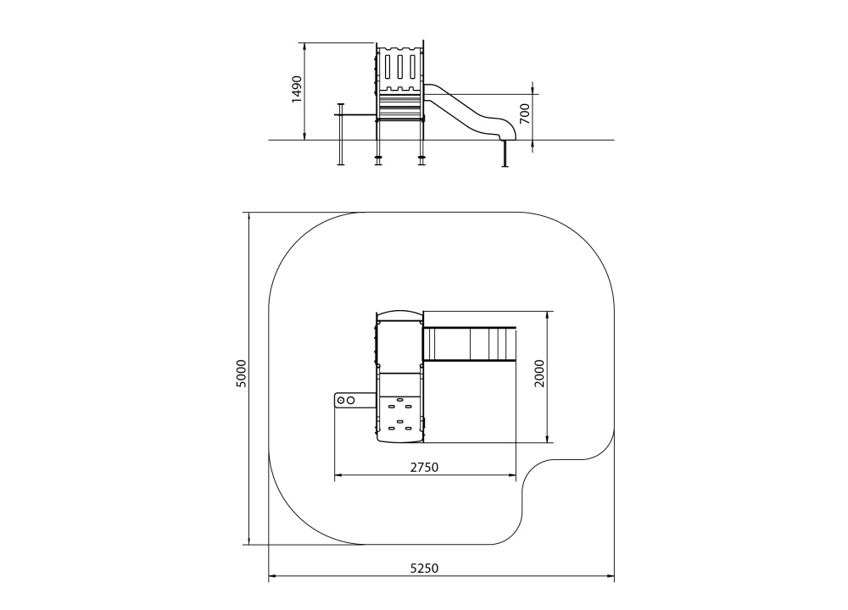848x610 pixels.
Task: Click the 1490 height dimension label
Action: coord(296,89)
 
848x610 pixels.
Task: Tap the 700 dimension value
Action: coord(525,114)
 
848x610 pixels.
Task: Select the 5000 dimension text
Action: coord(241,374)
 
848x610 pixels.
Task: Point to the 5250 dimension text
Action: coord(424,568)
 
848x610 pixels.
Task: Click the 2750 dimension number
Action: coord(424,468)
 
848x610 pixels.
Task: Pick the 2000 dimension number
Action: coord(539,374)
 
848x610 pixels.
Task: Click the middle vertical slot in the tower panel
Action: coord(400,68)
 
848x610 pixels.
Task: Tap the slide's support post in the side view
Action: coord(505,153)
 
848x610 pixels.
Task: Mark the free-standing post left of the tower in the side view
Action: coord(341,134)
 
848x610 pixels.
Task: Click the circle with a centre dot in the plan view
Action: coord(341,401)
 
